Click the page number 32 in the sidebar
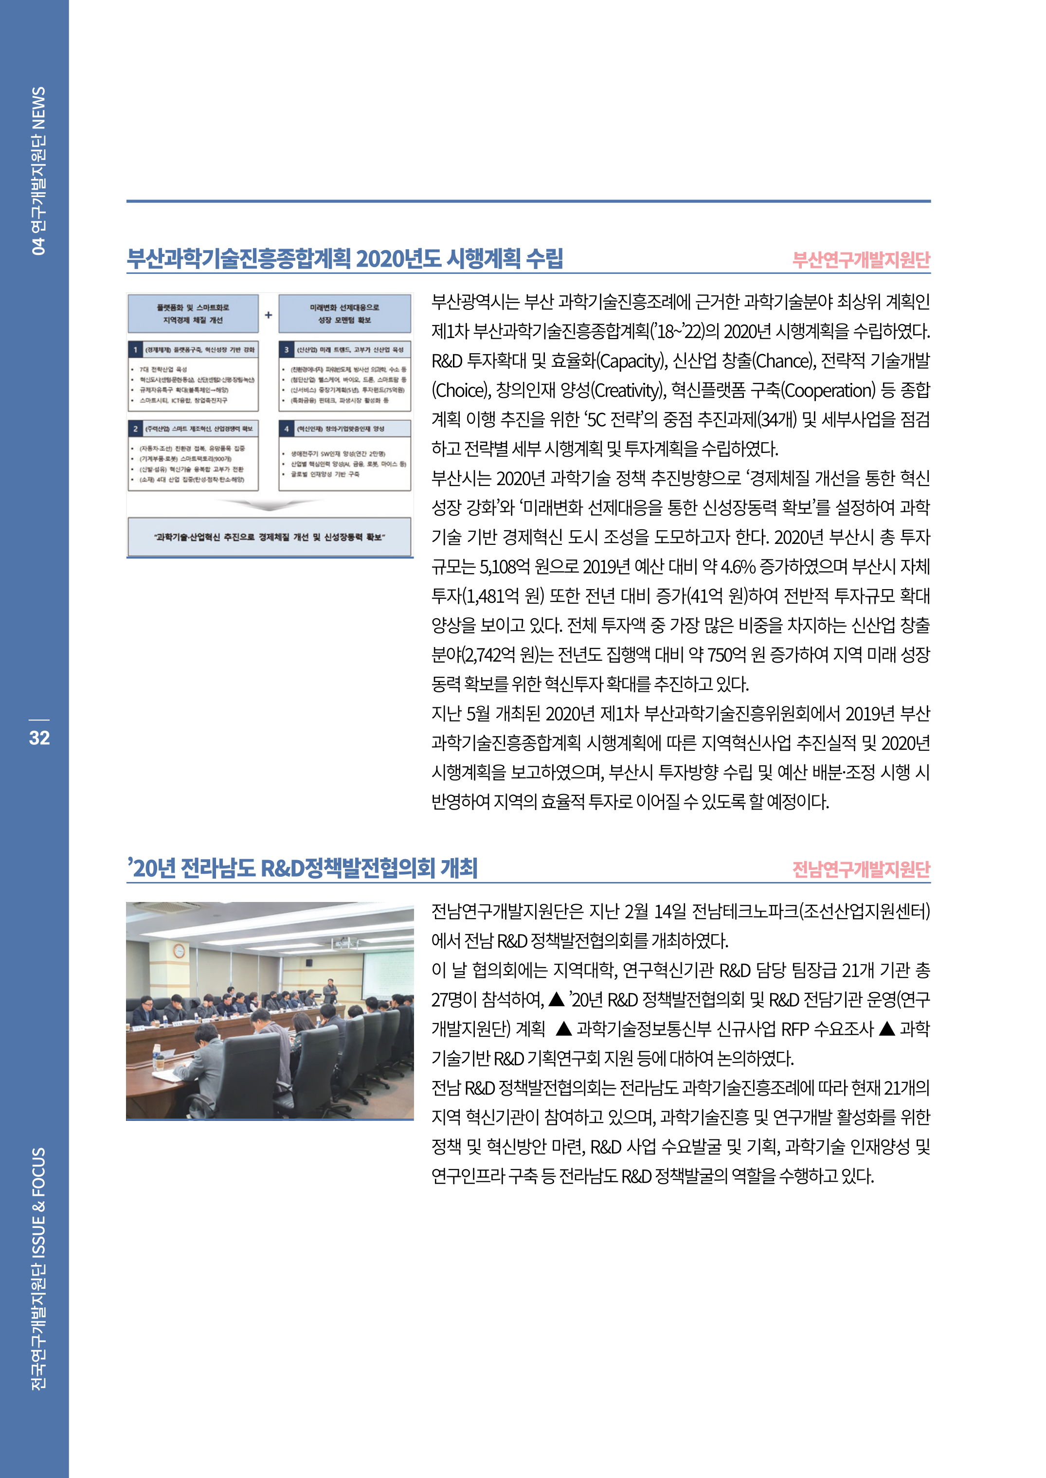39,738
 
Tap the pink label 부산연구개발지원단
861,259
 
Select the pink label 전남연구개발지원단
861,869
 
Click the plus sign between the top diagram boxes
269,315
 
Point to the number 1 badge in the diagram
135,350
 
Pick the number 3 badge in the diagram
287,350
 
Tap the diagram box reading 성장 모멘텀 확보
344,314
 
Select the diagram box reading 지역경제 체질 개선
193,314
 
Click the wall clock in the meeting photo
179,951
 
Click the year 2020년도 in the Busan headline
398,258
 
